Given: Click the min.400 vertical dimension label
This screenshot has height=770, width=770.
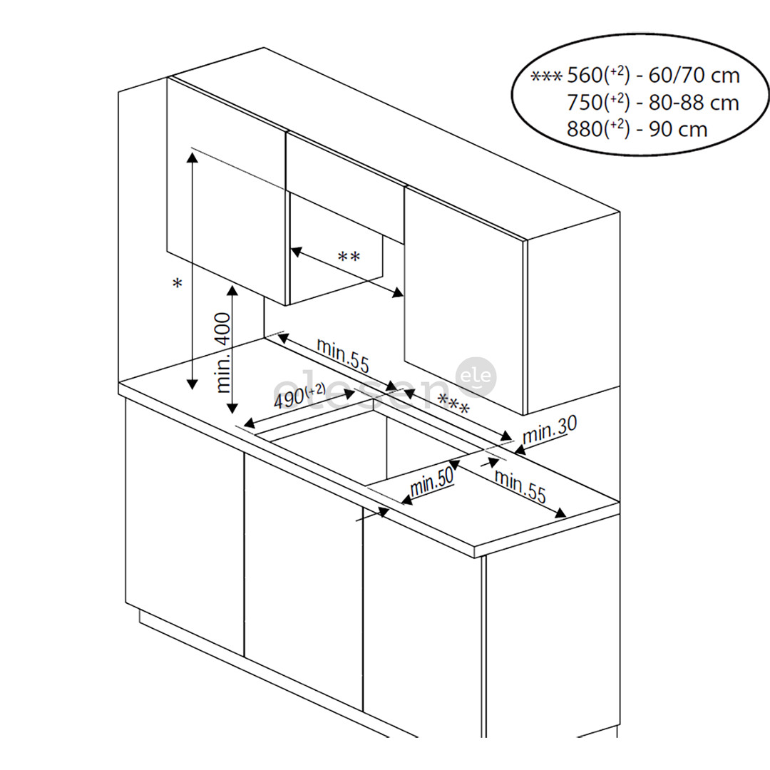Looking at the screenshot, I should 223,352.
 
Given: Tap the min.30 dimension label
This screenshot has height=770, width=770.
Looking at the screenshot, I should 550,430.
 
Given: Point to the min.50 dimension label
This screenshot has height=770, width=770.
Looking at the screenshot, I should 432,485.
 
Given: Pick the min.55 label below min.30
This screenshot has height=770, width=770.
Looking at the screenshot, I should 520,488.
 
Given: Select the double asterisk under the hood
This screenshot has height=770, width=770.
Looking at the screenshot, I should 349,257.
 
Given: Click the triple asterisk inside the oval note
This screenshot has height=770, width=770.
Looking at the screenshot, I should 547,76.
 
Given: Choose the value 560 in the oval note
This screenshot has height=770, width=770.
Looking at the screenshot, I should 585,76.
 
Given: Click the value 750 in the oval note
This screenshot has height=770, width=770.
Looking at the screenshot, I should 585,103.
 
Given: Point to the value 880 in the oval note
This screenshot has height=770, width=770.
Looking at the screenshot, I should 585,130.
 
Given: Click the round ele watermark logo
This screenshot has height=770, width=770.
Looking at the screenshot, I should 476,377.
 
